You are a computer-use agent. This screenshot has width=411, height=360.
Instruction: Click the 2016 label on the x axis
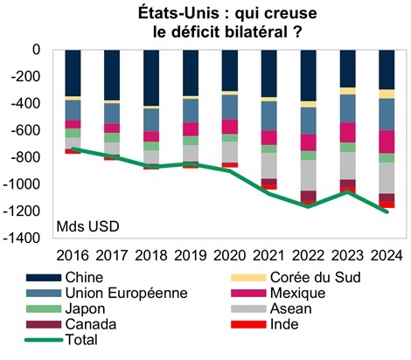tap(73, 254)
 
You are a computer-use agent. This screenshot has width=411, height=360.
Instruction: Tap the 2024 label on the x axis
tap(386, 254)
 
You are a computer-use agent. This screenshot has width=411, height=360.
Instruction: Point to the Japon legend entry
tap(87, 308)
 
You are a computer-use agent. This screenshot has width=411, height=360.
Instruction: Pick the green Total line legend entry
tap(83, 339)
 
